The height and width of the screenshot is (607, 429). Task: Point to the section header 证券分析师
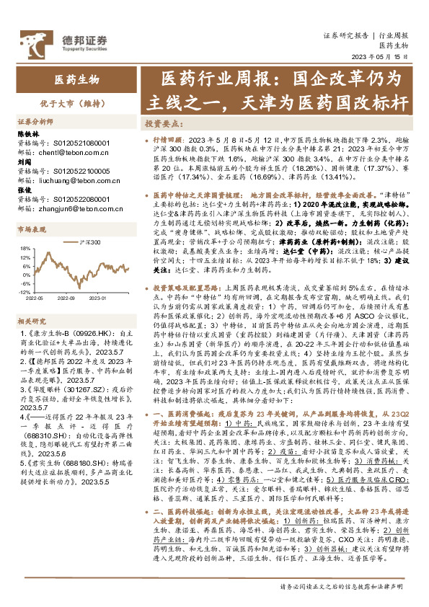click(35, 122)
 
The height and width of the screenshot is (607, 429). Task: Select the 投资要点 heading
click(162, 123)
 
